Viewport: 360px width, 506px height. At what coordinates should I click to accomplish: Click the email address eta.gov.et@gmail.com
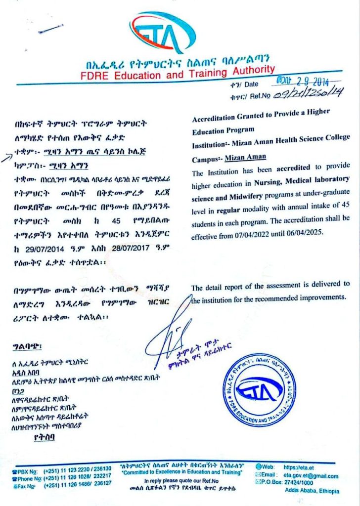tap(311, 475)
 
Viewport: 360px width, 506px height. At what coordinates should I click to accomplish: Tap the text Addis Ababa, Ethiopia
tap(312, 491)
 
